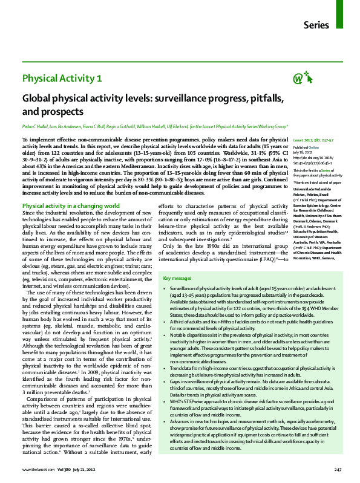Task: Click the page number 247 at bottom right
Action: (338, 470)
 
